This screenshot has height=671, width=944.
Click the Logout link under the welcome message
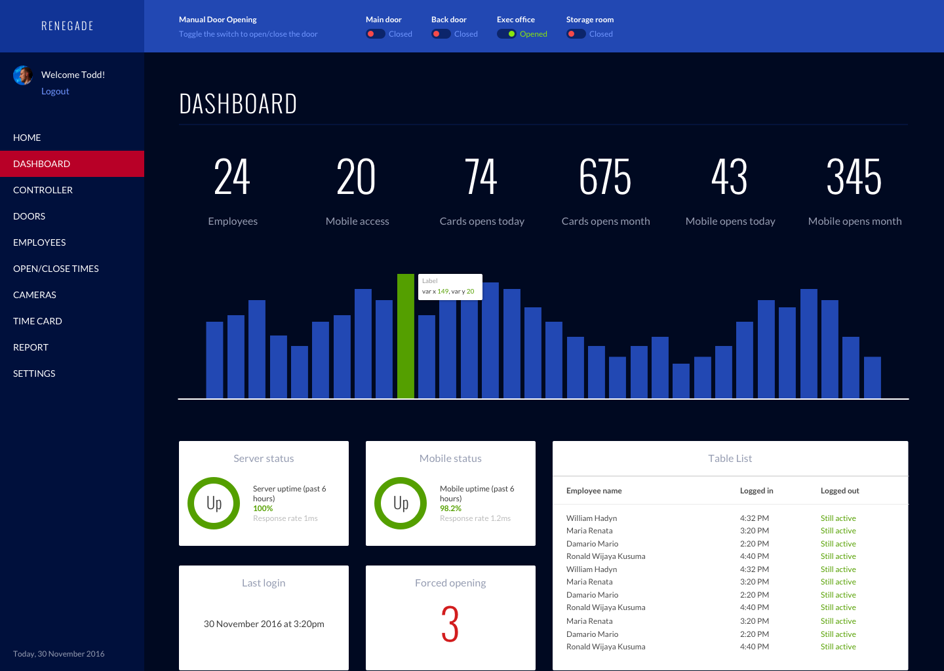tap(55, 92)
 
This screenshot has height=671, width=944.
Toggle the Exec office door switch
tap(506, 34)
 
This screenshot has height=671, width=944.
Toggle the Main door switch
tap(375, 34)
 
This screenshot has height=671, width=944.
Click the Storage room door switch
tap(576, 34)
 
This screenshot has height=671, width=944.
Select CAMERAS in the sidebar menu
tap(35, 295)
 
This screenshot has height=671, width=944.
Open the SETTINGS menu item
tap(34, 374)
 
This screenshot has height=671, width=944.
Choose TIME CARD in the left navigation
tap(37, 321)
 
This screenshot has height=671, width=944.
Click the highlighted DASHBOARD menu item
tap(42, 164)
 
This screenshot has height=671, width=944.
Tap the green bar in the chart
tap(406, 336)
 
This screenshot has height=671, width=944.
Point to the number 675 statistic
tap(605, 178)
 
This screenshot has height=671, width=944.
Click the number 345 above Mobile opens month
tap(854, 178)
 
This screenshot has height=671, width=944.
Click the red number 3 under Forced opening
tap(450, 624)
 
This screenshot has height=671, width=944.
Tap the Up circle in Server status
tap(214, 503)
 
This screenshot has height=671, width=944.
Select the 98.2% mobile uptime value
tap(450, 508)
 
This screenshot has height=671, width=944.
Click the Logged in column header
tap(757, 491)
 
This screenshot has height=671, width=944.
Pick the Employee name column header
tap(594, 491)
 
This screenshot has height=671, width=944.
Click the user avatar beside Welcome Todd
tap(23, 75)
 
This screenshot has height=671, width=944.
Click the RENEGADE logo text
tap(68, 26)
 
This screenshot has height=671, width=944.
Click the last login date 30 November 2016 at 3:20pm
tap(264, 624)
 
